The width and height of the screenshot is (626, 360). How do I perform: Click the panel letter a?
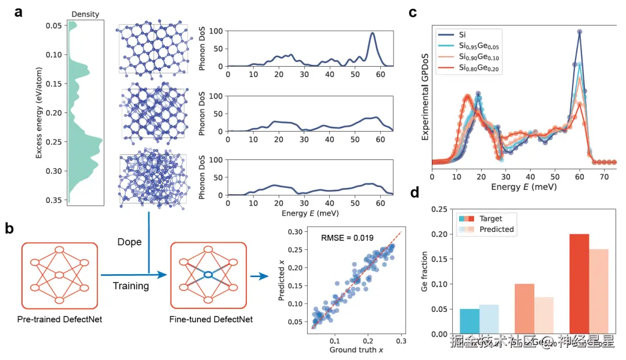[x=19, y=12]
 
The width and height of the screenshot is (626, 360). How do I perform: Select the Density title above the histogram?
[x=85, y=14]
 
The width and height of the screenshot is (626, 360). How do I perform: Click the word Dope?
[x=129, y=242]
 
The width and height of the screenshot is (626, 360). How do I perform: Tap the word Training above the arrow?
[x=130, y=286]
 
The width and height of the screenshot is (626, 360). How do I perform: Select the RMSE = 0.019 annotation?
[x=347, y=237]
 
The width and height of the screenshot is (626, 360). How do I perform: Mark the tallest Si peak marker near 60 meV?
[x=578, y=32]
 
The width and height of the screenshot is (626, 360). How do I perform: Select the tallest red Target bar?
[x=580, y=284]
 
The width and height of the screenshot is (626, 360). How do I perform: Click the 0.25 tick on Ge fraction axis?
[x=440, y=209]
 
